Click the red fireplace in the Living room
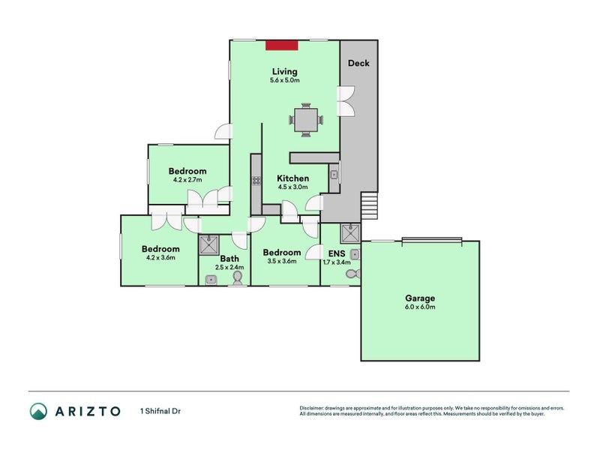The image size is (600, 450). [x=282, y=45]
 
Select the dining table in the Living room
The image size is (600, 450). [x=306, y=119]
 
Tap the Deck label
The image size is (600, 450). [x=358, y=64]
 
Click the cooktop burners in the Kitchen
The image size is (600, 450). [x=256, y=180]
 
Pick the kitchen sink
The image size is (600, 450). [x=334, y=175]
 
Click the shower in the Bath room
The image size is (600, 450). [x=209, y=244]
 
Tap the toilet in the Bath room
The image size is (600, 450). [x=238, y=278]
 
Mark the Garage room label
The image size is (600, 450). [x=419, y=297]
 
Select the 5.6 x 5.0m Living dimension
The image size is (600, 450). [x=285, y=80]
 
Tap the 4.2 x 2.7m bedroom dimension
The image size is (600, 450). [x=187, y=180]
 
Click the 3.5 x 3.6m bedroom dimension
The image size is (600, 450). [x=283, y=261]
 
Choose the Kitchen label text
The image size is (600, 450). [x=292, y=178]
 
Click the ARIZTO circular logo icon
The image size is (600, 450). [x=39, y=410]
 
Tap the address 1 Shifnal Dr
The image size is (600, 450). [x=160, y=411]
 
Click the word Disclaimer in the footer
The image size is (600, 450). [x=313, y=408]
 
